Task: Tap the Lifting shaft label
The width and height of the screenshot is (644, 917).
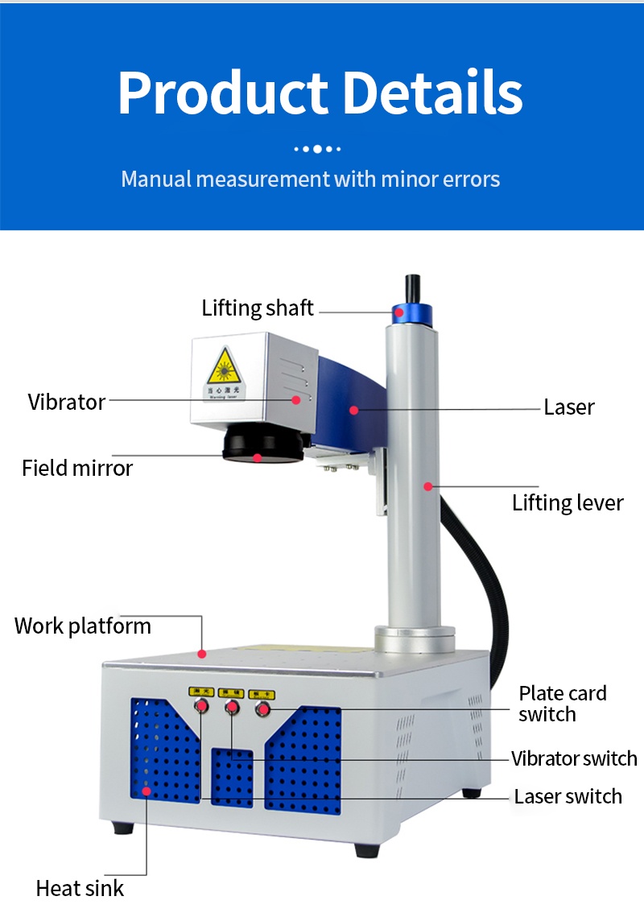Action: [258, 308]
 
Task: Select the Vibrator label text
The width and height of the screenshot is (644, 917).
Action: [67, 402]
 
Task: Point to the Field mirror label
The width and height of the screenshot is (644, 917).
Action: [77, 468]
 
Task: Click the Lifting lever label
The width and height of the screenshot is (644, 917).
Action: [568, 503]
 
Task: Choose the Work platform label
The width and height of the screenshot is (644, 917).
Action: [83, 626]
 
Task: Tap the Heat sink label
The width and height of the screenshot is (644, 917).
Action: [80, 889]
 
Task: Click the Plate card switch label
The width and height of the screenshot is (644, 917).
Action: [562, 704]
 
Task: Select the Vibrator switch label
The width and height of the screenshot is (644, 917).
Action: [574, 758]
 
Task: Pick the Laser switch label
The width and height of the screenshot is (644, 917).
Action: [568, 796]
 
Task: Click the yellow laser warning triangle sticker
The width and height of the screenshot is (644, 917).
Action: [221, 370]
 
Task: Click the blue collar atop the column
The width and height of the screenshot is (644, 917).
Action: [411, 315]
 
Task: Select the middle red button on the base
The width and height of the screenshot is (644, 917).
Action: [232, 708]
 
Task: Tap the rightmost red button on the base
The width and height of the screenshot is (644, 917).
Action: [262, 708]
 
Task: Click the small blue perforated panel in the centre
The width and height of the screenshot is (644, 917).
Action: [232, 778]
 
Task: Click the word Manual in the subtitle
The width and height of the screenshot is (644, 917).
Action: [156, 178]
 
